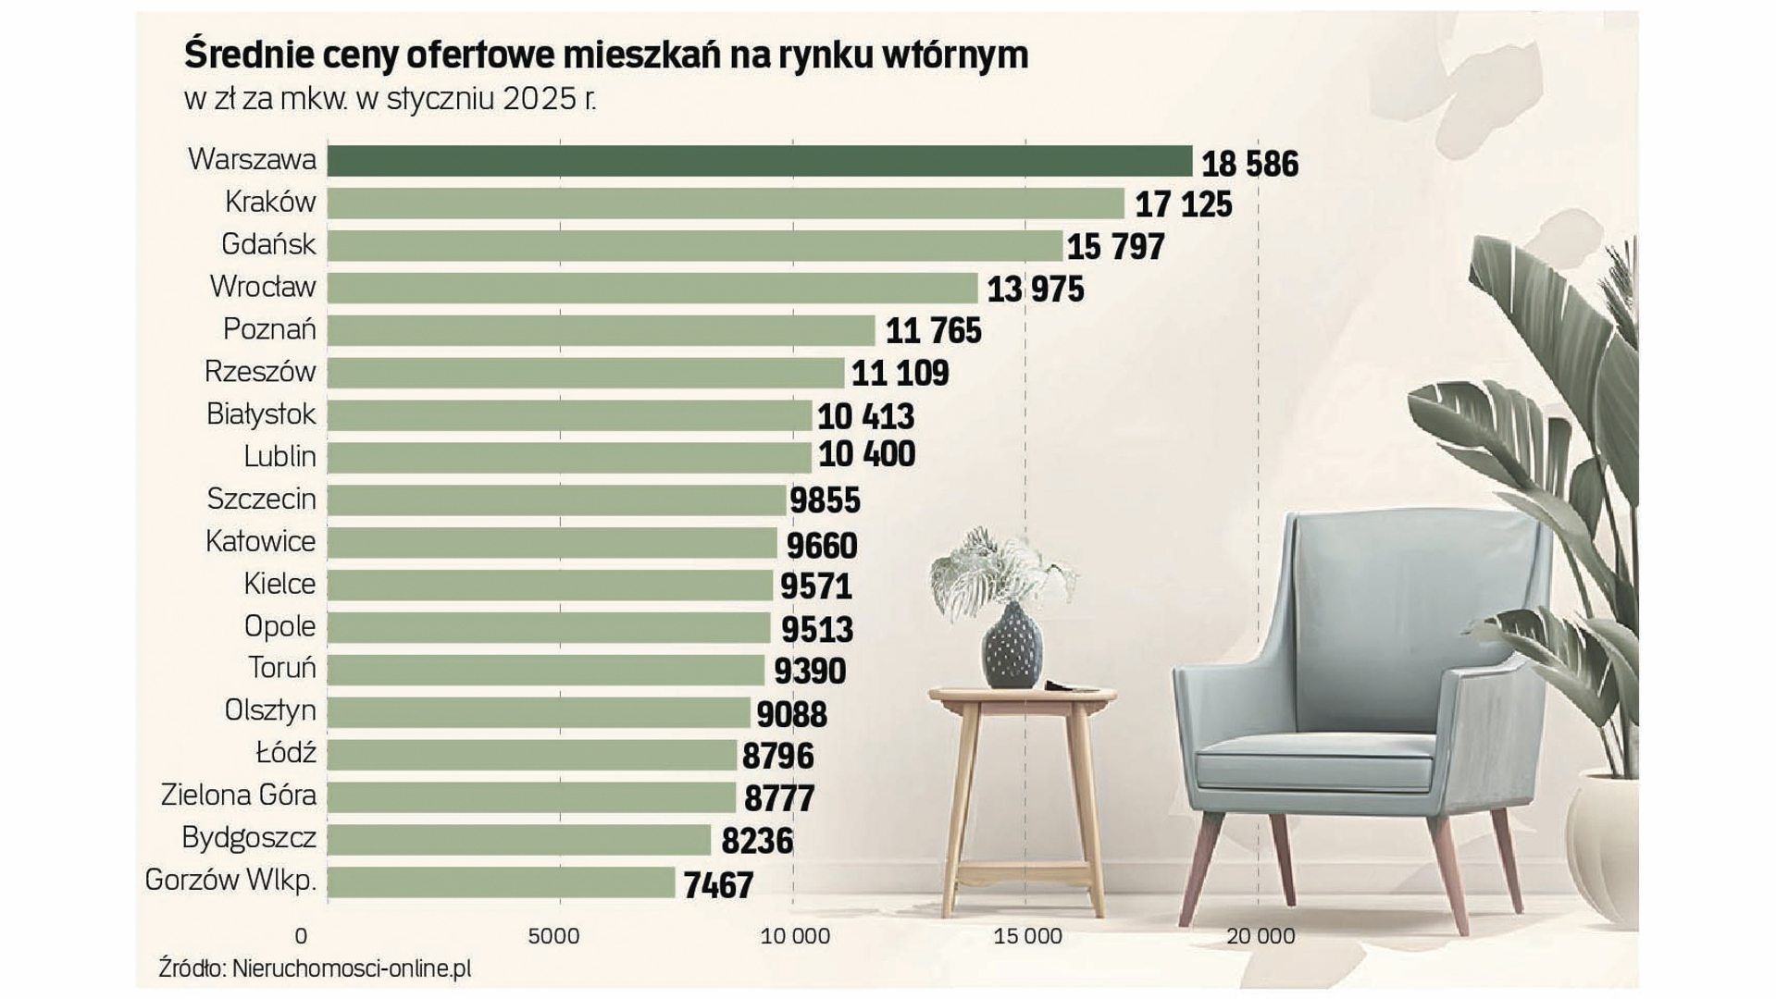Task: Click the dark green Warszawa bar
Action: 759,161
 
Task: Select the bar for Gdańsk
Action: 694,246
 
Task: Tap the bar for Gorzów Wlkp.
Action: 501,882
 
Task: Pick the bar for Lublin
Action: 569,457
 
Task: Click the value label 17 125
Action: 1184,204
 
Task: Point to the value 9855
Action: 825,500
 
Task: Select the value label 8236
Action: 757,841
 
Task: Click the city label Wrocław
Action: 263,287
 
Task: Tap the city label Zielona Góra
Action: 239,795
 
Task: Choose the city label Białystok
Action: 261,414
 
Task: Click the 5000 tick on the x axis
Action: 553,936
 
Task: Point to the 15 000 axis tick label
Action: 1027,936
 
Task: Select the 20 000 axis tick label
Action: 1261,936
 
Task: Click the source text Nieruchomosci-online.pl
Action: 352,968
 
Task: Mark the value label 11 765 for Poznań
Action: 933,331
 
